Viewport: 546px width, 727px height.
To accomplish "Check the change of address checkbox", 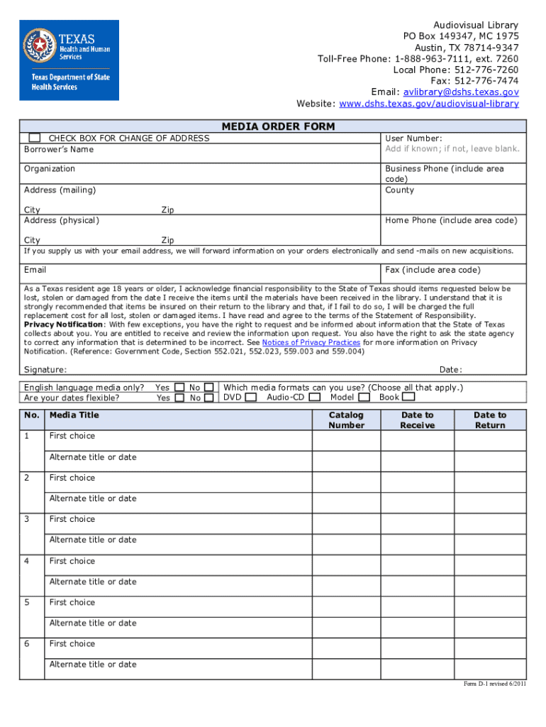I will click(34, 138).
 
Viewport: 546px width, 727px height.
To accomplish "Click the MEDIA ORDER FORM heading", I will click(278, 126).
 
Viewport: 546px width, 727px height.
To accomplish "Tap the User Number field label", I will click(414, 138).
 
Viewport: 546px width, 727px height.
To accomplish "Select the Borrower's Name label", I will click(59, 150).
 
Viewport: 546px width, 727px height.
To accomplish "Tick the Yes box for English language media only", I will click(179, 388).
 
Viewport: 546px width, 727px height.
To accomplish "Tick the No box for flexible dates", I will click(209, 398).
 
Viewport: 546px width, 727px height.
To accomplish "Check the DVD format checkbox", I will click(251, 398).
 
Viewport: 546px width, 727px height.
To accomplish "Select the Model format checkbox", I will click(364, 398).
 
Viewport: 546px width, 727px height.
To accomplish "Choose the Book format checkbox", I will click(409, 398).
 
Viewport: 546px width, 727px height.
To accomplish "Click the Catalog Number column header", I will click(346, 420).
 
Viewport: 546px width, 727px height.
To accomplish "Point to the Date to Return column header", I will click(490, 420).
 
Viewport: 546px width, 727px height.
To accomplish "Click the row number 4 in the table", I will click(27, 561).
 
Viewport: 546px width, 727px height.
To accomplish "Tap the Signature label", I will click(45, 369).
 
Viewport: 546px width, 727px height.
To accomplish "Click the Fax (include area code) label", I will click(433, 270).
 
